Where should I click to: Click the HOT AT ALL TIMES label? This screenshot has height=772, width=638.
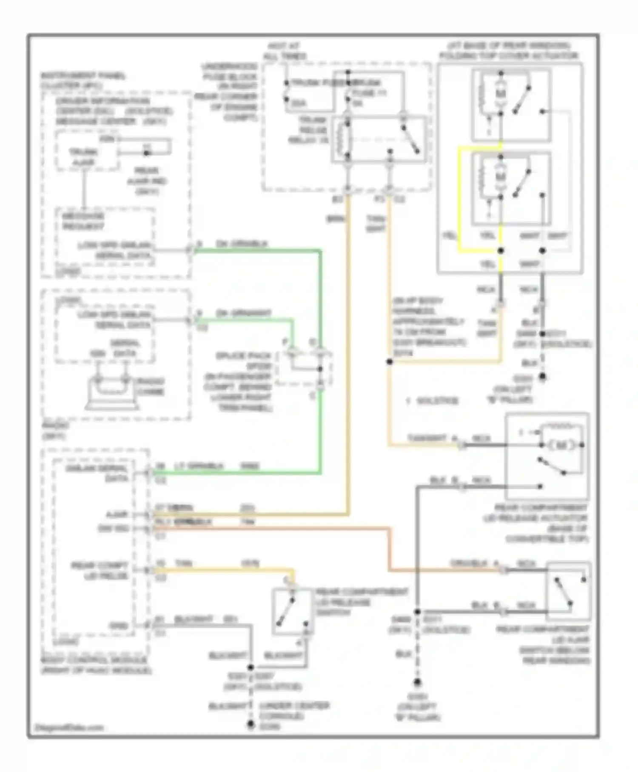point(284,51)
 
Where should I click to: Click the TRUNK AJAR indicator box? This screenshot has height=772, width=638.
point(84,156)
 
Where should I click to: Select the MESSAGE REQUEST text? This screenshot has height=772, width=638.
point(83,221)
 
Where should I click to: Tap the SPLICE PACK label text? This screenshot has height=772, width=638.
point(243,355)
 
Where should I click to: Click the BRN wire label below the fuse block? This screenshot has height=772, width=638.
point(336,219)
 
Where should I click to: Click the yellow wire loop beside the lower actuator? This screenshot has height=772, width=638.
point(459,200)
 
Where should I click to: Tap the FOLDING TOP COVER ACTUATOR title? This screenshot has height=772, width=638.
point(509,56)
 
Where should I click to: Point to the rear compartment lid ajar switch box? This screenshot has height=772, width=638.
point(568,591)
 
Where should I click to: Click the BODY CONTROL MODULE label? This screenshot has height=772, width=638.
point(94,660)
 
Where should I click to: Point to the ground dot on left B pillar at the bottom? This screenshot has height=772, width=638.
point(417,683)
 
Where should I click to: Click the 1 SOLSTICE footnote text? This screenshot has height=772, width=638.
point(432,400)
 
